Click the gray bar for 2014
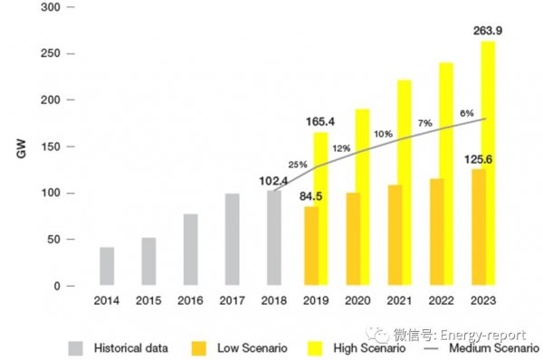(x=107, y=266)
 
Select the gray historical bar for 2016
(x=190, y=250)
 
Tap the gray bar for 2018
(x=274, y=238)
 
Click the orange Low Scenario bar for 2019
(x=311, y=246)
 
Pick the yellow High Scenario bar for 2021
(x=405, y=183)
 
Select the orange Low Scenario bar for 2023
(x=479, y=227)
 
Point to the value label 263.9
(x=488, y=31)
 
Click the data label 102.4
(x=273, y=181)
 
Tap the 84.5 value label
(x=310, y=196)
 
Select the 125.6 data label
(x=478, y=159)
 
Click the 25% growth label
(x=298, y=165)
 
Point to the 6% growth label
(x=467, y=113)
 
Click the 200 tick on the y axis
(x=51, y=100)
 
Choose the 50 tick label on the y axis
(x=53, y=239)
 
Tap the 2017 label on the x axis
(x=232, y=300)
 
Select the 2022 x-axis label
(x=442, y=300)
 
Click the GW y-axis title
(x=22, y=149)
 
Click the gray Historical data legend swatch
(x=75, y=348)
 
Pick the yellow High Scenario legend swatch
(x=315, y=348)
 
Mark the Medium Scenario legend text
(x=494, y=348)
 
